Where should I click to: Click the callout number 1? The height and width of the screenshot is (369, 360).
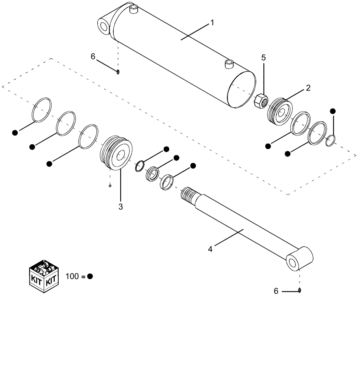pyautogui.click(x=212, y=23)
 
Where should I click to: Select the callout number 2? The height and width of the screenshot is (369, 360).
pyautogui.click(x=308, y=88)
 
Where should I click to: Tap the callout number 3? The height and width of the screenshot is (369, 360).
pyautogui.click(x=121, y=207)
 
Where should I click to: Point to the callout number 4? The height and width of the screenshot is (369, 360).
pyautogui.click(x=210, y=249)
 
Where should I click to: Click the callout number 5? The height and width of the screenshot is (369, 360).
pyautogui.click(x=263, y=58)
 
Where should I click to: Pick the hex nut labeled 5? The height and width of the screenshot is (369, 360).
pyautogui.click(x=261, y=101)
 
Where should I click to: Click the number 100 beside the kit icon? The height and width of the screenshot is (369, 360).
pyautogui.click(x=72, y=276)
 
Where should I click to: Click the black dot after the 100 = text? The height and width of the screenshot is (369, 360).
pyautogui.click(x=90, y=276)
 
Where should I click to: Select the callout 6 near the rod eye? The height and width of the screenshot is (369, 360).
pyautogui.click(x=276, y=291)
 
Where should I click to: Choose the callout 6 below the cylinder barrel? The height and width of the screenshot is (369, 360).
pyautogui.click(x=93, y=56)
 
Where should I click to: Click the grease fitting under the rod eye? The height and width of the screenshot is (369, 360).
pyautogui.click(x=300, y=290)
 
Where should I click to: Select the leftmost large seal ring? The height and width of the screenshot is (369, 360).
pyautogui.click(x=41, y=109)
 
